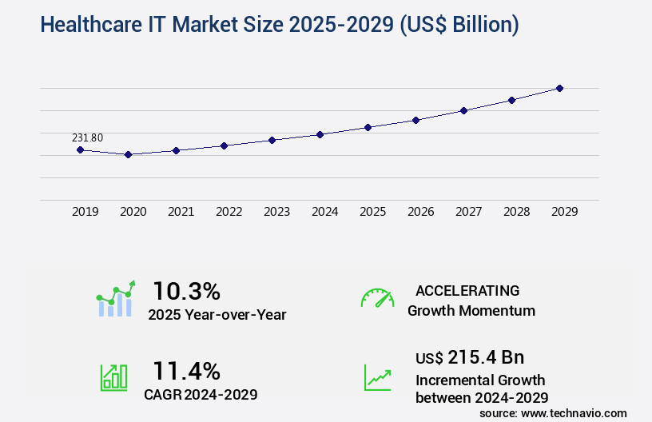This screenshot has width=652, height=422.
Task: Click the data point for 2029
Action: click(559, 88)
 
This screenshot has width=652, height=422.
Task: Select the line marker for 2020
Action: click(128, 154)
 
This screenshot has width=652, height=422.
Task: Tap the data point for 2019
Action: click(80, 149)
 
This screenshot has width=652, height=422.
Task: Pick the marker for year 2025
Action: click(368, 127)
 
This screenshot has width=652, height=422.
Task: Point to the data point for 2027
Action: click(463, 110)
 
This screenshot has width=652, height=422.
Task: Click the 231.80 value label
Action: click(87, 137)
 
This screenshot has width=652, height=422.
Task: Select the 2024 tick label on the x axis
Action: click(324, 212)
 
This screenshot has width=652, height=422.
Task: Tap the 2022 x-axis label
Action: click(229, 212)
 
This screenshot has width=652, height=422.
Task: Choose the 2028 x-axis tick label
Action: click(516, 212)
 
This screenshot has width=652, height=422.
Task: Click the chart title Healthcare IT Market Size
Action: click(279, 25)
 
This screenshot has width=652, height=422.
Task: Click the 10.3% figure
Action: click(186, 290)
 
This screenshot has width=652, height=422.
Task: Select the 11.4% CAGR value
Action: click(186, 370)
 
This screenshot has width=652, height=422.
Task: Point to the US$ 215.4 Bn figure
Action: click(470, 357)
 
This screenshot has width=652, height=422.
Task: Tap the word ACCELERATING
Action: click(467, 290)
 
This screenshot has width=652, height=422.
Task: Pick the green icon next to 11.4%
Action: click(113, 376)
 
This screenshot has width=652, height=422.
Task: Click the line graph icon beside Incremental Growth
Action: click(377, 376)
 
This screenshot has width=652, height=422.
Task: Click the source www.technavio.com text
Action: click(553, 413)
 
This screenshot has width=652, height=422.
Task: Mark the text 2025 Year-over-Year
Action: click(217, 315)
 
